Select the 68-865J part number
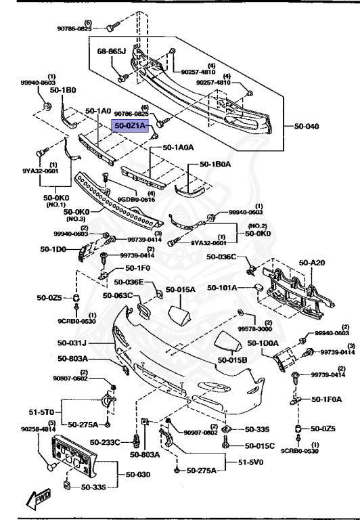tap(112, 51)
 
